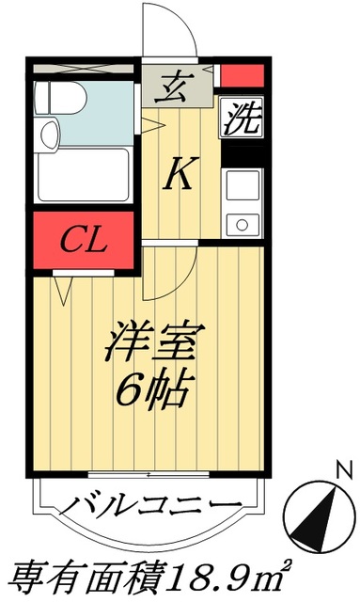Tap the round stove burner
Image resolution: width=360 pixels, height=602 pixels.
tap(242, 224)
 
